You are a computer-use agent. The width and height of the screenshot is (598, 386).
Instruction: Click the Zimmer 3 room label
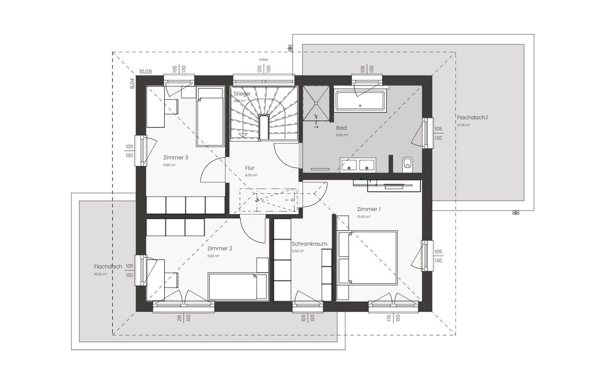[175, 158]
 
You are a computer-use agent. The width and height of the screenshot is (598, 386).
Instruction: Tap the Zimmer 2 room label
[220, 248]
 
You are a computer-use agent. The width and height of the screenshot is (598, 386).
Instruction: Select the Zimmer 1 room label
[368, 209]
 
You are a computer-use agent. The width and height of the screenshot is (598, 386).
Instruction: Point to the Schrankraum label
[309, 244]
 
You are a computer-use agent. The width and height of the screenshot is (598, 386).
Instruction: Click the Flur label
[250, 168]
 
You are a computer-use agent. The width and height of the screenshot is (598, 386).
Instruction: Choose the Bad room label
[341, 128]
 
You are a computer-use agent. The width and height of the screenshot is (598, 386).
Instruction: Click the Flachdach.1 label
[472, 117]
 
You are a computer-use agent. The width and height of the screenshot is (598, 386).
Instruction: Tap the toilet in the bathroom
[407, 163]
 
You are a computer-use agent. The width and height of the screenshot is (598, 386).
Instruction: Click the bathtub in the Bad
[360, 101]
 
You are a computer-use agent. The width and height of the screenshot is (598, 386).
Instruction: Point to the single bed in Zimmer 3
[210, 116]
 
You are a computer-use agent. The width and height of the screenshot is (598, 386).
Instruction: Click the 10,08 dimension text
[145, 72]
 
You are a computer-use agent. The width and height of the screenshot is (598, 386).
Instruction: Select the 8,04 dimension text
[132, 83]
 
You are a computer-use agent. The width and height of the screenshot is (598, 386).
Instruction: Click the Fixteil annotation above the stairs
[264, 60]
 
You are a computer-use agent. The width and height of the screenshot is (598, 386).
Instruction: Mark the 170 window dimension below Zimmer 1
[389, 318]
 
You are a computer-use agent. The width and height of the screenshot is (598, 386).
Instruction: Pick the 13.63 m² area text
[364, 217]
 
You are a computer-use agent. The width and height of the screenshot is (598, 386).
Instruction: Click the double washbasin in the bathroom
[358, 164]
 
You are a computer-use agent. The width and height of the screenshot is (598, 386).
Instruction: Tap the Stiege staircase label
[241, 94]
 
